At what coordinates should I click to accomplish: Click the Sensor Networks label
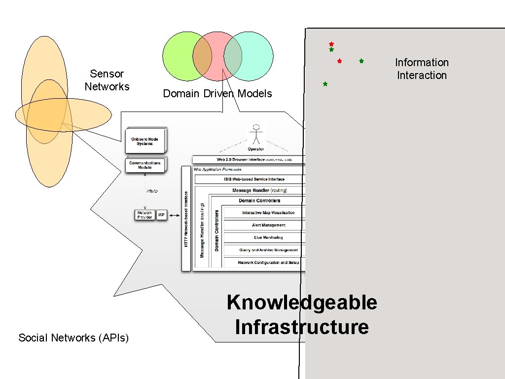pyautogui.click(x=107, y=80)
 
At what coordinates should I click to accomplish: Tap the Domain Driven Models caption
pyautogui.click(x=217, y=94)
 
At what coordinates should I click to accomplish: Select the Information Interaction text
pyautogui.click(x=422, y=69)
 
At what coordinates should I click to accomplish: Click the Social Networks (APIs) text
pyautogui.click(x=73, y=338)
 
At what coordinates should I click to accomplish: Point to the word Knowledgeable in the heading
pyautogui.click(x=301, y=303)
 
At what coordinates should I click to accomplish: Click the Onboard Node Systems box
pyautogui.click(x=145, y=141)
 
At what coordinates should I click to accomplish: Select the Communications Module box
pyautogui.click(x=144, y=165)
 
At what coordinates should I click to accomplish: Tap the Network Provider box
pyautogui.click(x=144, y=215)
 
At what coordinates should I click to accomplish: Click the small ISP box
pyautogui.click(x=161, y=215)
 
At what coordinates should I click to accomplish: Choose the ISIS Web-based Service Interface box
pyautogui.click(x=250, y=179)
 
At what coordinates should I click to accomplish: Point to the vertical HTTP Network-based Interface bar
pyautogui.click(x=186, y=218)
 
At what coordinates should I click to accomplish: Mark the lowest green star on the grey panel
pyautogui.click(x=325, y=84)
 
